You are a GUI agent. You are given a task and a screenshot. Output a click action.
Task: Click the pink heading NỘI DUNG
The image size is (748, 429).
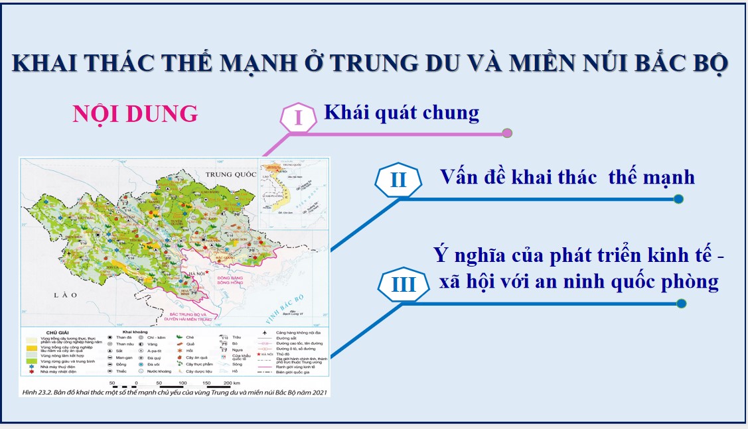135,114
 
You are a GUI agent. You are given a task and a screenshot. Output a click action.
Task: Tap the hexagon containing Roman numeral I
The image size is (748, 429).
298,119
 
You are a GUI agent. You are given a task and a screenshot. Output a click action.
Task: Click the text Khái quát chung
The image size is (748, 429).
401,113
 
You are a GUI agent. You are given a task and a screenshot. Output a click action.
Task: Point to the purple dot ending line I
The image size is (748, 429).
508,133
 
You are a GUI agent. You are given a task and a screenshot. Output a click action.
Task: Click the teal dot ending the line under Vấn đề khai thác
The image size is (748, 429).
678,199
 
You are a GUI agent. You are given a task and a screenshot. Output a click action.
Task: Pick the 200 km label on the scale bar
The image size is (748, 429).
231,383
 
